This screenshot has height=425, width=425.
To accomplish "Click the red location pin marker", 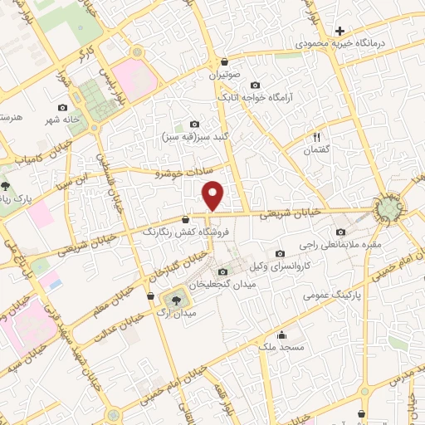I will click(214, 194).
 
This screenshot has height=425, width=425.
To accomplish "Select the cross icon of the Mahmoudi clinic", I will click(340, 30).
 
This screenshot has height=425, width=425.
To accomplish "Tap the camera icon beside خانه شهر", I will click(63, 107).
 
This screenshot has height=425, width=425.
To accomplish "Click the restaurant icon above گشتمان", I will click(316, 137).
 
